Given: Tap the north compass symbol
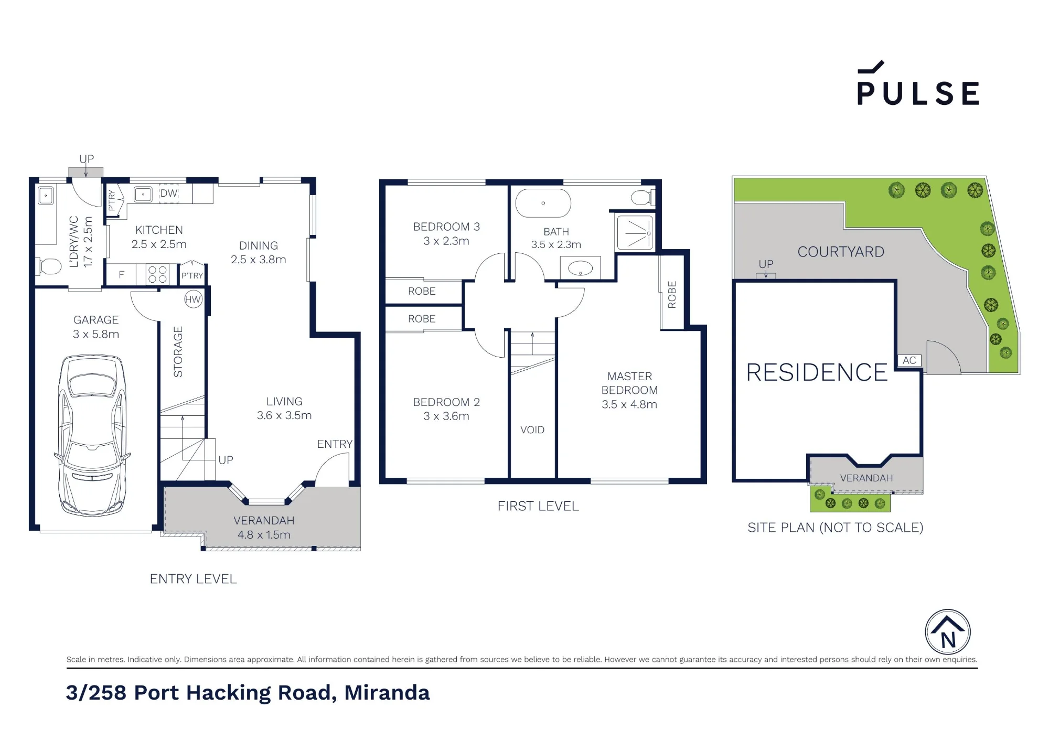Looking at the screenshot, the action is tap(947, 632).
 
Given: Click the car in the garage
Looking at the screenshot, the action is tap(92, 435).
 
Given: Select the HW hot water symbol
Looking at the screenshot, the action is tap(193, 299).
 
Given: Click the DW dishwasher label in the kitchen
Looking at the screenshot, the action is tap(168, 194).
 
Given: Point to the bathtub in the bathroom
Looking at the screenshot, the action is tap(543, 203).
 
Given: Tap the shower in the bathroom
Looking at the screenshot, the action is tap(635, 232).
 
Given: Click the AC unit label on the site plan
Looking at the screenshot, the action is tap(909, 360).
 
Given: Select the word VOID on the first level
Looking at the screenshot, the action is tap(532, 430).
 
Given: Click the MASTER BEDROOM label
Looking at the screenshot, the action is tap(629, 390).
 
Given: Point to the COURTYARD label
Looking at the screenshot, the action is tap(841, 252).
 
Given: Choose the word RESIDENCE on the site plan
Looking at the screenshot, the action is tap(817, 372).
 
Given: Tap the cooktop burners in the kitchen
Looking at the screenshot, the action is tap(157, 274).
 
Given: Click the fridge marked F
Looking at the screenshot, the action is tap(121, 274).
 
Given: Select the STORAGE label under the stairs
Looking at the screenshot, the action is tap(178, 351).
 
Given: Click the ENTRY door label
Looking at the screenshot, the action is tap(335, 444).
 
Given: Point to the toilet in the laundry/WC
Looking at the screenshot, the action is tap(49, 266).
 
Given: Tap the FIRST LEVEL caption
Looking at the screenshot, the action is tap(538, 506).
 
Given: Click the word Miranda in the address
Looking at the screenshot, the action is tap(387, 692).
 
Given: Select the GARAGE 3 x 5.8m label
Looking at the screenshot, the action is tap(96, 327).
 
